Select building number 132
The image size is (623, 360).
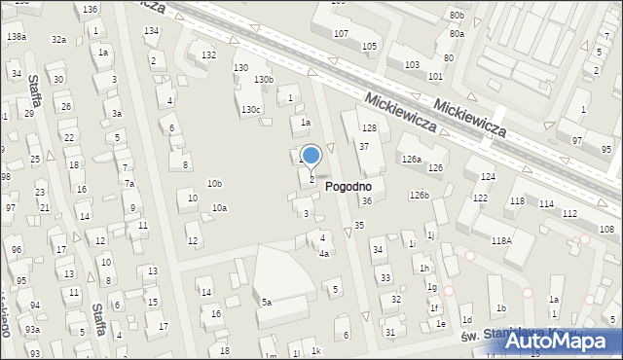[208, 55]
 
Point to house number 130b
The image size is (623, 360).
[264, 79]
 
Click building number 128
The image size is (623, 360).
[369, 128]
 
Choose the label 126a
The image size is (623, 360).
[412, 159]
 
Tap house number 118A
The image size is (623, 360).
[501, 240]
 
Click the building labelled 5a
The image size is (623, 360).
[266, 303]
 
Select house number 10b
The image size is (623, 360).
[214, 183]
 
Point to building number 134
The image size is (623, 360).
[151, 31]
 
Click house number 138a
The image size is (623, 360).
[16, 36]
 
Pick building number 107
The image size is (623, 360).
[341, 34]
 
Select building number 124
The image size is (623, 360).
[488, 176]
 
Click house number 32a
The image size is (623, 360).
[59, 39]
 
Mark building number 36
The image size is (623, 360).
[367, 201]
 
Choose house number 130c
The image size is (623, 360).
[251, 110]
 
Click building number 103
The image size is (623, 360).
[412, 64]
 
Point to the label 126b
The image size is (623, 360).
[419, 196]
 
